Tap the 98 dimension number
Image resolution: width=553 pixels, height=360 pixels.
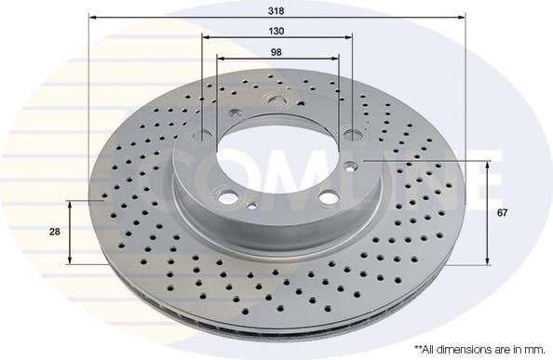tap(276, 52)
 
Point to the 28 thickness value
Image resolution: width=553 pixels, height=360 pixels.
tap(57, 232)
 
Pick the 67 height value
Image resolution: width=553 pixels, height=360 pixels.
tap(502, 214)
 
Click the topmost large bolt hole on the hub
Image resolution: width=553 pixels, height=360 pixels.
tap(276, 100)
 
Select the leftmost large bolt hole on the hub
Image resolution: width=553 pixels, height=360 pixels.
tap(204, 136)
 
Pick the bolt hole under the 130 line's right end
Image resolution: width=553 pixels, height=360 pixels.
tap(351, 133)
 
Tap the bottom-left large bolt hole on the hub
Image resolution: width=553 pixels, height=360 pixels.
tap(227, 197)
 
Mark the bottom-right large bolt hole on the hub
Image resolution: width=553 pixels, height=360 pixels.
tap(327, 196)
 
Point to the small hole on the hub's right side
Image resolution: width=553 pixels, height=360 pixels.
tap(350, 167)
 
